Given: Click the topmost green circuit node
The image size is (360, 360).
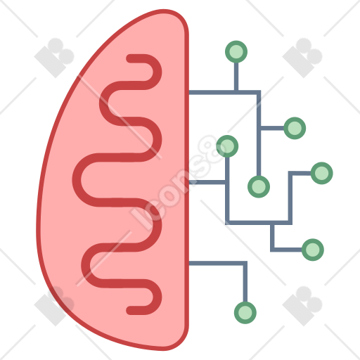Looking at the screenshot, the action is tap(236, 51).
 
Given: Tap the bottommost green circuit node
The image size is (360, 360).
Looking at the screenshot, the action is tap(245, 313).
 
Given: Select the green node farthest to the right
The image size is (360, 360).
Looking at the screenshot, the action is tap(321, 173).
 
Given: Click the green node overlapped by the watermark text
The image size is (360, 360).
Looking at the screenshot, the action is tap(227, 146).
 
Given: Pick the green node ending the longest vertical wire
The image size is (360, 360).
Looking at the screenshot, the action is tap(259, 186).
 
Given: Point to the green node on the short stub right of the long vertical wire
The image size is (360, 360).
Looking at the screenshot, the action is tap(295, 128).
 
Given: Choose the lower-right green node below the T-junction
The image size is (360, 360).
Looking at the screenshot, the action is tap(313, 250).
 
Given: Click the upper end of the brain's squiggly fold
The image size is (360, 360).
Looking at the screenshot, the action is tap(130, 58).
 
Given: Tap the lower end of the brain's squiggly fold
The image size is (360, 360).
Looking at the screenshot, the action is tap(130, 310).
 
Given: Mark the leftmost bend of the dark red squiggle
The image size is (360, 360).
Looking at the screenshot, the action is tap(77, 180).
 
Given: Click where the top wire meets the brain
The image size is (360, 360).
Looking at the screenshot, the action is tap(189, 92).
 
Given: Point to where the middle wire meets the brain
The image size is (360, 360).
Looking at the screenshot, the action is tap(189, 182).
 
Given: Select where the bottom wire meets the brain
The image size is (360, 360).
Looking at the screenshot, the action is tap(189, 263).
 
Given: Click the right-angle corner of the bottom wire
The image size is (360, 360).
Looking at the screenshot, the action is tap(245, 263).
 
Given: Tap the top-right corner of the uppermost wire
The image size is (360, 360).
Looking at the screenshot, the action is tap(259, 92).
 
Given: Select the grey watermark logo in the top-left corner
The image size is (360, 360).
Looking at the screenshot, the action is tap(54, 58).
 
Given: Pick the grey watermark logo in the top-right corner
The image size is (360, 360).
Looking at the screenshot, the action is tap(302, 58).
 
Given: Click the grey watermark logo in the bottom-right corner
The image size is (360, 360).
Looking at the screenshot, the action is tap(302, 306).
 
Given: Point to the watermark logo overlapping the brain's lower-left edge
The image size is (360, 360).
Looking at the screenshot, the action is tap(54, 306).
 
